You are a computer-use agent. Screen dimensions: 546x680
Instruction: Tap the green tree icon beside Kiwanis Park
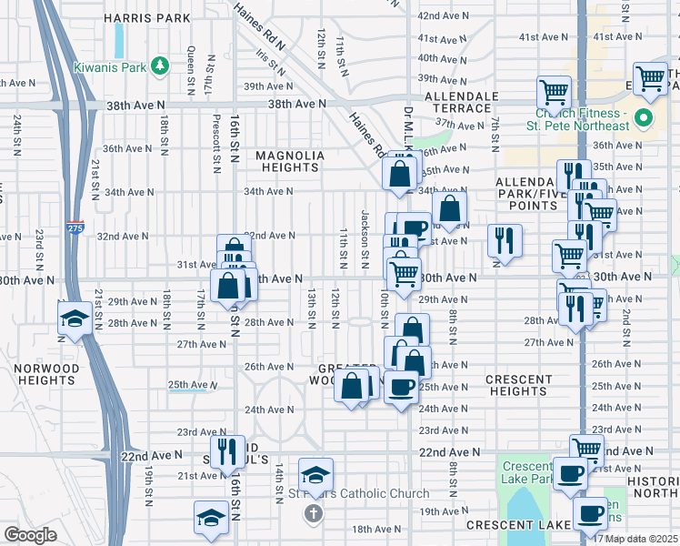[159, 66]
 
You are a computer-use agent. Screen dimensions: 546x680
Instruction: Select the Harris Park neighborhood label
[147, 17]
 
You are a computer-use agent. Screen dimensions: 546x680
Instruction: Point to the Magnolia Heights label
[289, 161]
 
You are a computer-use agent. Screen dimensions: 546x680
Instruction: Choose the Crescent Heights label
[518, 385]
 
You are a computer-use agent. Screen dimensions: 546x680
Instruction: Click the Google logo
[30, 535]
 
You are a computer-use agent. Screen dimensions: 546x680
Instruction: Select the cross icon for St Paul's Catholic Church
[312, 512]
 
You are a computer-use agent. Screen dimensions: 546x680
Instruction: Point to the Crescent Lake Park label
[527, 472]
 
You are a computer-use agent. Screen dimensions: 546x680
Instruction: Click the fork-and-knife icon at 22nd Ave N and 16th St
[226, 450]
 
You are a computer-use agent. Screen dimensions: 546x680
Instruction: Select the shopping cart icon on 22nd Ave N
[586, 449]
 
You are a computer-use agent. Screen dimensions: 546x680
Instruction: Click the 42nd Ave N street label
[442, 16]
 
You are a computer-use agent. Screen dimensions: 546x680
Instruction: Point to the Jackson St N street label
[365, 239]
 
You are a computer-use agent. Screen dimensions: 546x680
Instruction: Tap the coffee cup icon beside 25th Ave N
[400, 388]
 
